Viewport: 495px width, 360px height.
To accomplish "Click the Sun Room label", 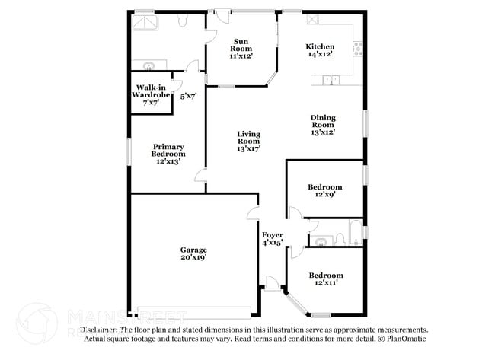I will click(x=241, y=48).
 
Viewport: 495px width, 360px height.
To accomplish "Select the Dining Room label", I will click(x=323, y=124).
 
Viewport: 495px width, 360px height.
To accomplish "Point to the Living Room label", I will click(x=248, y=141).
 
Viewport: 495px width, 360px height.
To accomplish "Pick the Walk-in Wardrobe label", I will click(x=149, y=94).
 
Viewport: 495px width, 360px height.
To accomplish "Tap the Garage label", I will click(x=193, y=253).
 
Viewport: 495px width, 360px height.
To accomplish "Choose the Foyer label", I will click(x=273, y=238).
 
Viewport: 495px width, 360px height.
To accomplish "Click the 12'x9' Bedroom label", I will click(x=324, y=191).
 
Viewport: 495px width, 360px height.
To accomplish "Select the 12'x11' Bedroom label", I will click(x=325, y=279).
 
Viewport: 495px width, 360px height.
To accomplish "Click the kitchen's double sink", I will click(x=331, y=79).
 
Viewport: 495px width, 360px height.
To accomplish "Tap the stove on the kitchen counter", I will click(x=356, y=50).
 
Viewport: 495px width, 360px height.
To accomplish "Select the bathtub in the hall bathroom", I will click(x=355, y=231).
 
